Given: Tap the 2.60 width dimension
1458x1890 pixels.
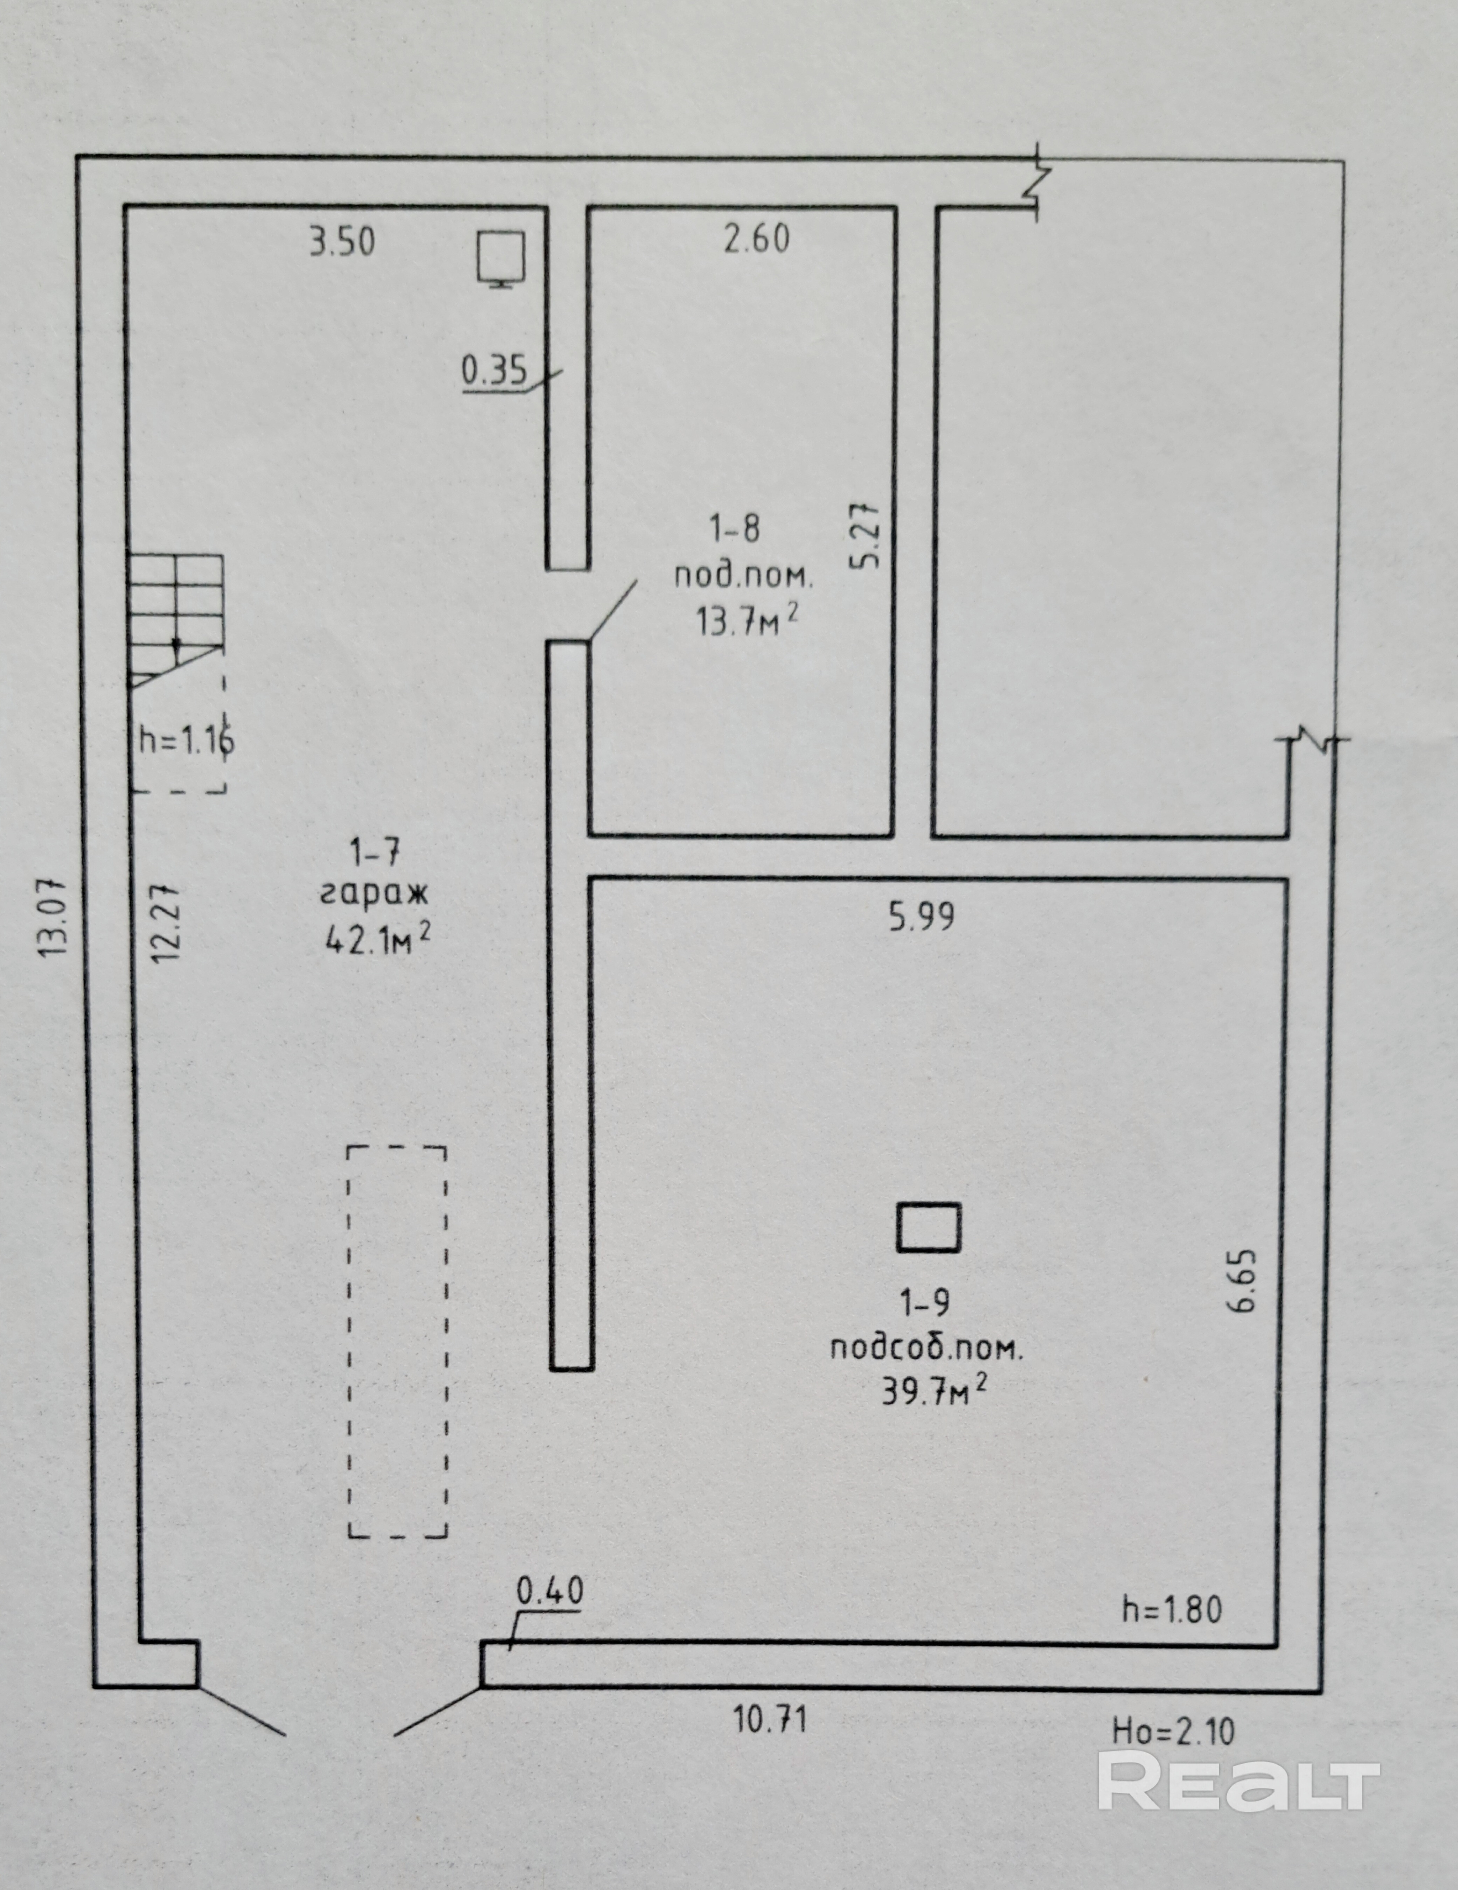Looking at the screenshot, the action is [757, 239].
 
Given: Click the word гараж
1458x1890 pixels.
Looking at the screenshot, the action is [375, 894].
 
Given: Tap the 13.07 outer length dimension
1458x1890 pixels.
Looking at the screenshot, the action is [54, 917].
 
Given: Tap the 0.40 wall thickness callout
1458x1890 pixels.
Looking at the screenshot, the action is [550, 1590].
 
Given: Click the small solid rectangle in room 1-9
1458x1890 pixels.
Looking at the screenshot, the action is [928, 1227].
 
